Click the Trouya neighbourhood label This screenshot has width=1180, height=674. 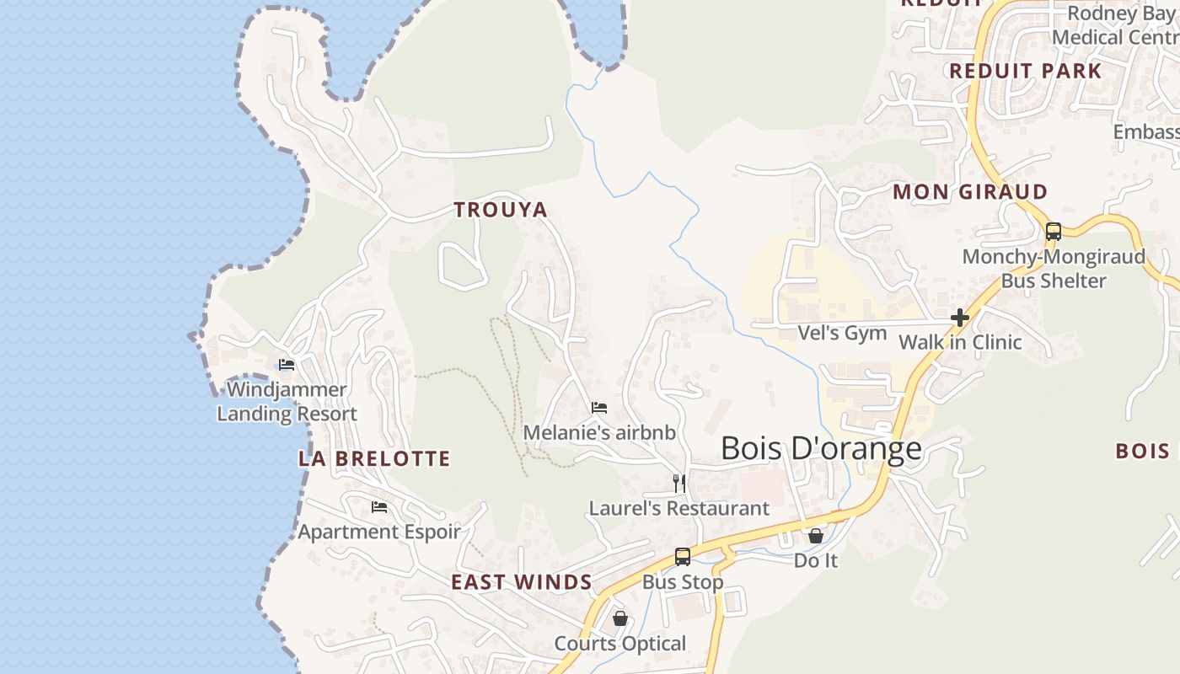(x=501, y=210)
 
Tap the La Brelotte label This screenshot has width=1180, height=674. (x=374, y=458)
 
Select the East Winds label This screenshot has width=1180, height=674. (x=521, y=582)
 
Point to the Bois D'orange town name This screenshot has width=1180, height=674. (x=821, y=448)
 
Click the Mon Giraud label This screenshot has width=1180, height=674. (x=970, y=192)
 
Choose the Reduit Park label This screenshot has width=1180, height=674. (x=1026, y=71)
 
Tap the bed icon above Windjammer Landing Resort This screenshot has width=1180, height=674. (x=287, y=365)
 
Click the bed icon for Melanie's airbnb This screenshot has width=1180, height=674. (x=599, y=408)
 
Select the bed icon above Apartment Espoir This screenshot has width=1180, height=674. (x=379, y=507)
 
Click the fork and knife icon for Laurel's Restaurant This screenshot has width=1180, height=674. (x=679, y=484)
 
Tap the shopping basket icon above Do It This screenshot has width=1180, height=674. (x=816, y=536)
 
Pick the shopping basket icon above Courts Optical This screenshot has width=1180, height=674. (x=620, y=619)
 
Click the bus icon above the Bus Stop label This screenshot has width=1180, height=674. (x=683, y=557)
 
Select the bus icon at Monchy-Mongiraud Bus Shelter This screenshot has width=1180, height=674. (x=1054, y=232)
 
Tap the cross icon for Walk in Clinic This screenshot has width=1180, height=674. (x=959, y=318)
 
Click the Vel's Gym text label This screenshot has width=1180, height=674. (x=842, y=333)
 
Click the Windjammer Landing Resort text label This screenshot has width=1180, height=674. (x=287, y=402)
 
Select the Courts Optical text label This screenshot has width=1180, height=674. (x=620, y=644)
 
